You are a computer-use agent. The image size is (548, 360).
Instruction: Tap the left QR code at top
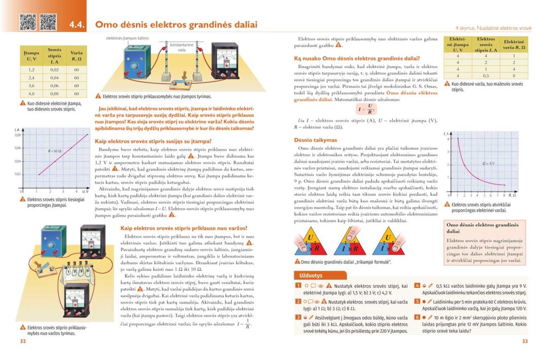pos(27,21)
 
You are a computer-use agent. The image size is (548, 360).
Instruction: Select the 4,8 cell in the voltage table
pos(31,94)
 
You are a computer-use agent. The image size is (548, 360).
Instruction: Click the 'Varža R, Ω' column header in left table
pos(76,56)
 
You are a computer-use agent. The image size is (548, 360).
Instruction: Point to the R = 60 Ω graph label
pos(55,151)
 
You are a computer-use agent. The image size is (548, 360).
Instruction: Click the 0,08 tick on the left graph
pos(17,135)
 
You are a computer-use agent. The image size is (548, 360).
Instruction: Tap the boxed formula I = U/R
pos(366,109)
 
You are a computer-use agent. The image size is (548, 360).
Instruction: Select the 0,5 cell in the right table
pos(486,76)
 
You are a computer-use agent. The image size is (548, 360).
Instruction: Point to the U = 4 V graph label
pos(489,163)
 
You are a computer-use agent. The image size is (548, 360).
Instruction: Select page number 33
pos(525,341)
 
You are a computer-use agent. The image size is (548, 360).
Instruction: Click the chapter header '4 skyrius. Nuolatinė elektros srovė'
pos(493,28)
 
